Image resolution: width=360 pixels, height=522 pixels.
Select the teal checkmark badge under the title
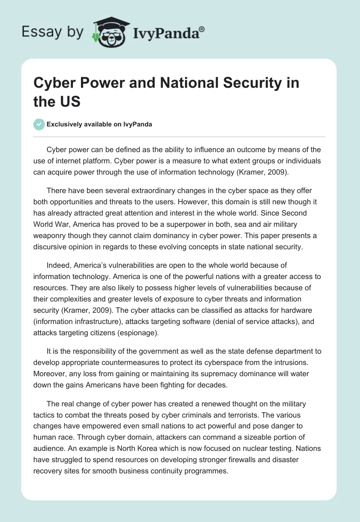39,124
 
